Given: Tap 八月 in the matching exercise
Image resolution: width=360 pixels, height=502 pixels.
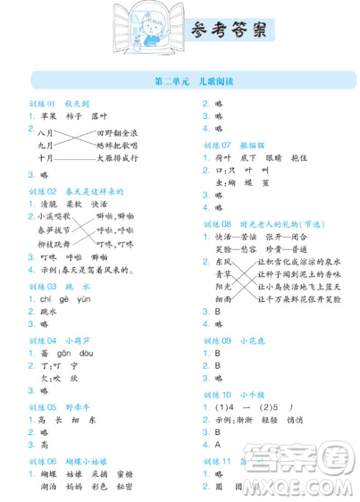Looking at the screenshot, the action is click(x=46, y=133).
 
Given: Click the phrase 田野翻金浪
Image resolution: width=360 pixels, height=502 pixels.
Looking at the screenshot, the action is click(x=117, y=133).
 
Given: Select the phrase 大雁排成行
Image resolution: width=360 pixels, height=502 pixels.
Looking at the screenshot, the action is click(x=117, y=158).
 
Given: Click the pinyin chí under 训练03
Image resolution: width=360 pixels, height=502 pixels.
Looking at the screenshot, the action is click(x=45, y=299).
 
